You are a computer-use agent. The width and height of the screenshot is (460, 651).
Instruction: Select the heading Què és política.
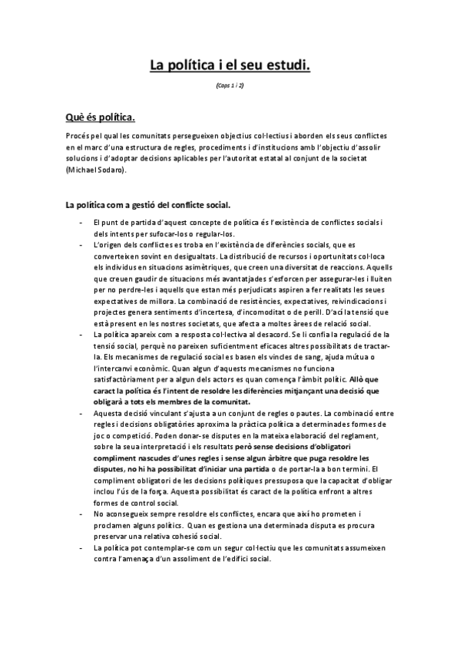100,117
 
